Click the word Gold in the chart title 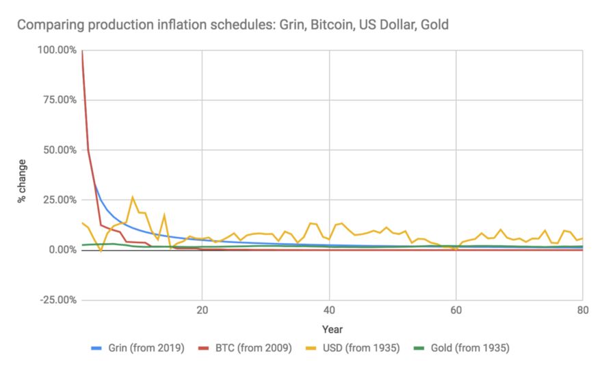[434, 25]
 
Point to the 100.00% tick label [57, 51]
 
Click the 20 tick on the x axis [202, 308]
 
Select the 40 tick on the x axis [329, 308]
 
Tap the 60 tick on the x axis [456, 308]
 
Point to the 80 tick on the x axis [581, 308]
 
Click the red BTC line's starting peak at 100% [82, 51]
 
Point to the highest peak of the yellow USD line [133, 197]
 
